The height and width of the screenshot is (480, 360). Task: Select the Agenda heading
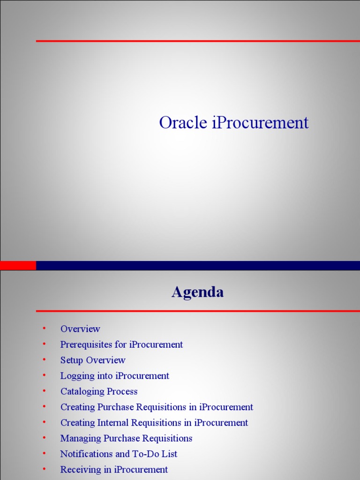point(197,292)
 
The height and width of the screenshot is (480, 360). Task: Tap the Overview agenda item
point(80,329)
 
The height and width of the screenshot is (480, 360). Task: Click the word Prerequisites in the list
point(86,345)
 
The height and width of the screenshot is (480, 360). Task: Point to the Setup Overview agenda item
point(93,360)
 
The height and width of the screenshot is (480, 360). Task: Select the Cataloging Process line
point(99,391)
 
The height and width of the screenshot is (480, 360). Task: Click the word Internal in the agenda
point(113,423)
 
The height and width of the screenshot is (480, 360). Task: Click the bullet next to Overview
point(44,328)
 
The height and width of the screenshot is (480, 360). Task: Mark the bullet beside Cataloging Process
point(44,390)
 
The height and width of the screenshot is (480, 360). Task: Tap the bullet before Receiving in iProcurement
point(44,468)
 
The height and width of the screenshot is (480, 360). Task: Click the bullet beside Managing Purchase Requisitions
point(44,437)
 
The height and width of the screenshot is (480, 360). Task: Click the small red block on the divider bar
point(18,265)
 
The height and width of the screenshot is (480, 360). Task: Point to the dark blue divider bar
point(197,265)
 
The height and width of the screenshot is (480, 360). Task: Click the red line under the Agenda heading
point(197,311)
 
